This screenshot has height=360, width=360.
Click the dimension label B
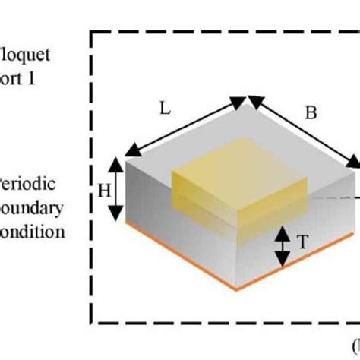coord(310,113)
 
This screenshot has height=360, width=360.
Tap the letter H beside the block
coord(103,190)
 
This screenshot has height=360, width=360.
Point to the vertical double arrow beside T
coord(282,247)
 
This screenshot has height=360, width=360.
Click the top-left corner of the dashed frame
coord(93,32)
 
